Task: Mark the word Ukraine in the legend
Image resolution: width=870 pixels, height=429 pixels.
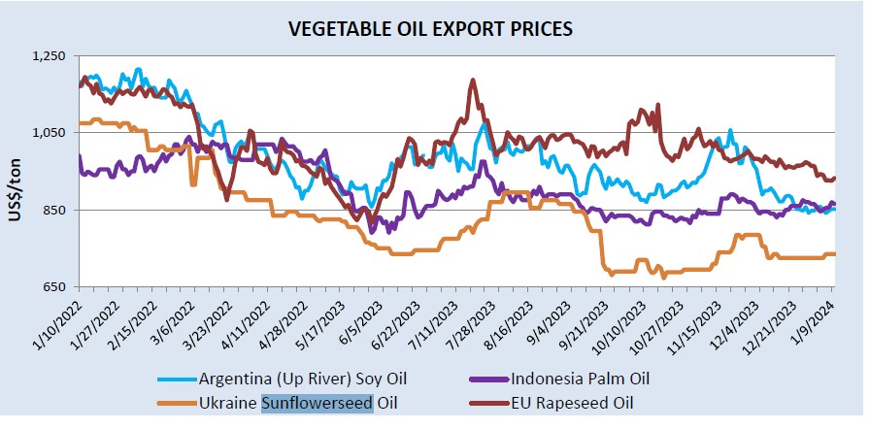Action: [x=230, y=402]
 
